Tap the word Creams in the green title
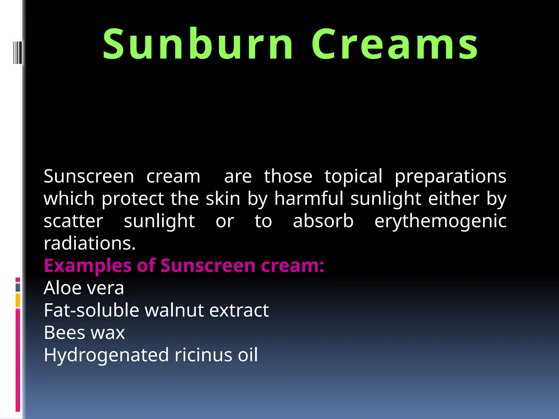tap(395, 44)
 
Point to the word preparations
tap(450, 177)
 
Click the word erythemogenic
tap(440, 221)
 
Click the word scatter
tap(73, 221)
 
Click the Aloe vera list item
tap(84, 288)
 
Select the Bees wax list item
tap(84, 333)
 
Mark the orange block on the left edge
tap(18, 300)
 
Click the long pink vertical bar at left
tap(18, 360)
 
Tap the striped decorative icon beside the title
tap(17, 52)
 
